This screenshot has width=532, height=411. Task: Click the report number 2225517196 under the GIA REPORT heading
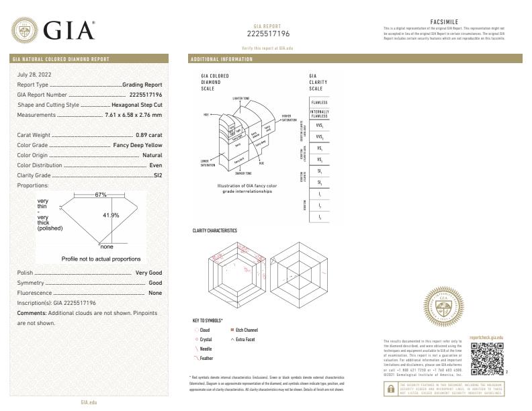(268, 34)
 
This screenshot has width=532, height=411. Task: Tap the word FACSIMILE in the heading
(444, 21)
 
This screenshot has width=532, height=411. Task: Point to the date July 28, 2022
(34, 74)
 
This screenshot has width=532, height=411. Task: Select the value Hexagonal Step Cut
(136, 105)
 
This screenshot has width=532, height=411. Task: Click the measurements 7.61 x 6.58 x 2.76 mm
(134, 115)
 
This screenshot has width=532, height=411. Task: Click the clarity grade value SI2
(157, 175)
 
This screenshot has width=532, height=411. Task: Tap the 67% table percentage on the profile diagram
(101, 195)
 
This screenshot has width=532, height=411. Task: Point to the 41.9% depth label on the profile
(111, 215)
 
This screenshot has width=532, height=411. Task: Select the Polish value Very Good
(148, 273)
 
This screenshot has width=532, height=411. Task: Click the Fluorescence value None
(155, 293)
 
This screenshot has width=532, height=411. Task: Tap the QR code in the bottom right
(484, 359)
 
